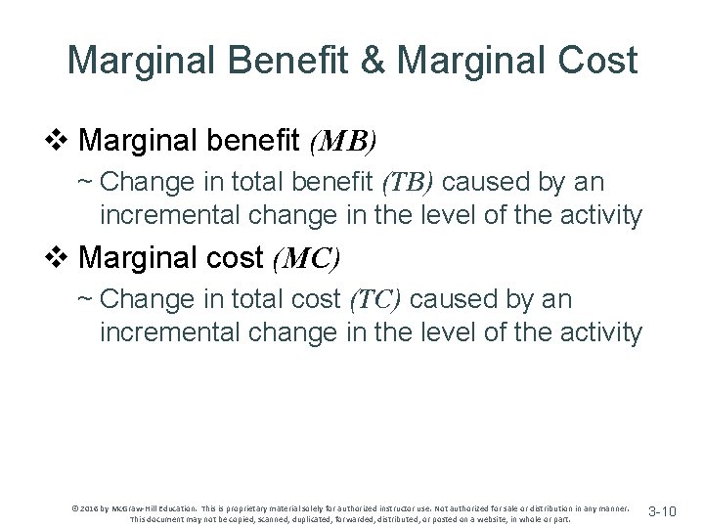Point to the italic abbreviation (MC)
[306, 259]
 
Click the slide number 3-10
[670, 511]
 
